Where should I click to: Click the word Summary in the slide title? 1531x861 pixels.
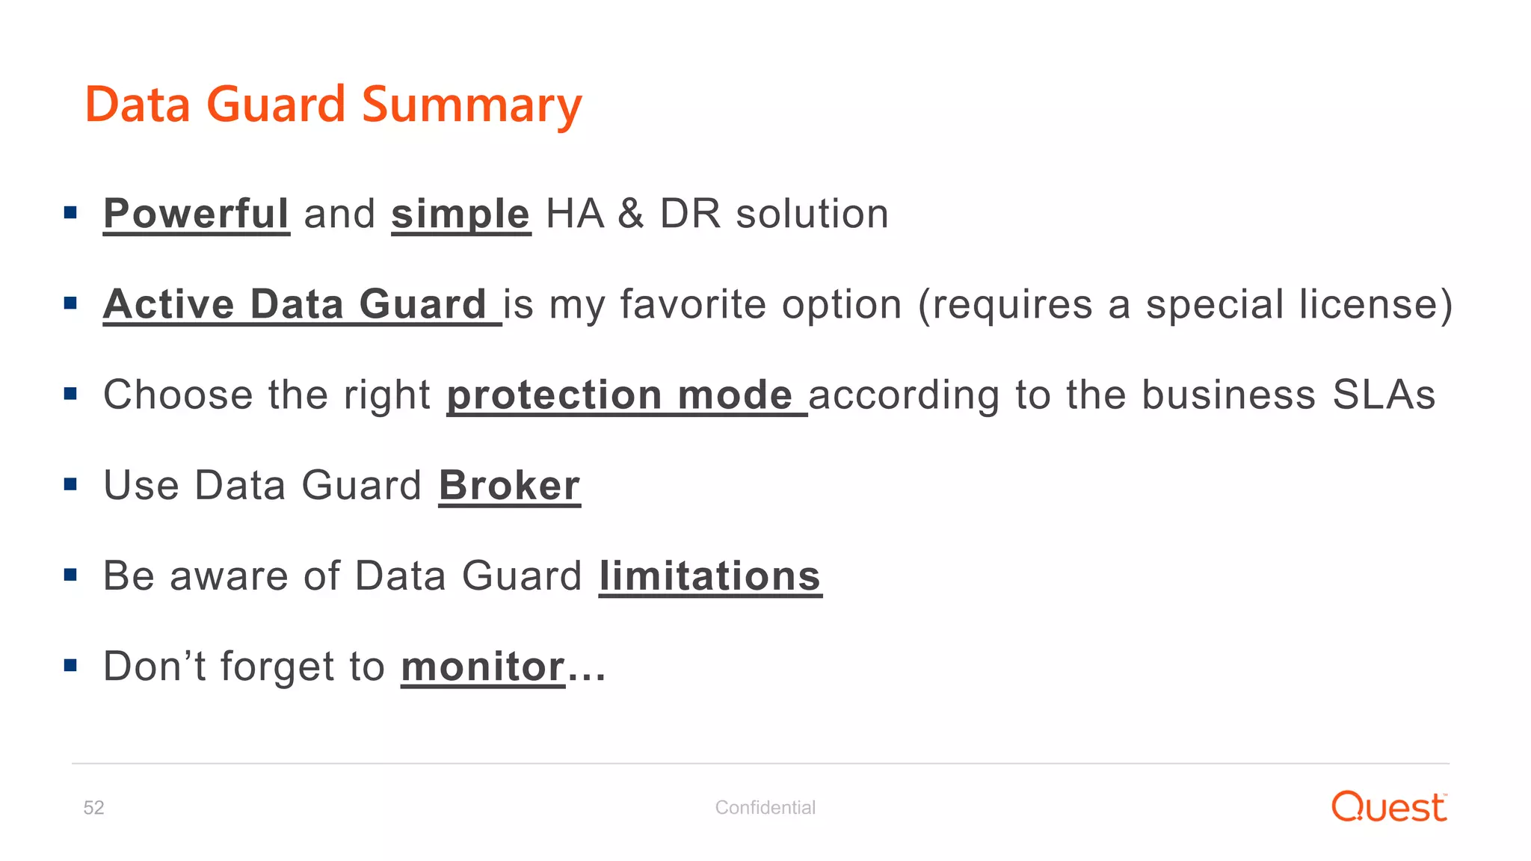471,105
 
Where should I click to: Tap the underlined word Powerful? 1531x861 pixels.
196,214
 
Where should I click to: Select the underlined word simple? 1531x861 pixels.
460,214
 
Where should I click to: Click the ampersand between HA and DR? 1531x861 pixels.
631,214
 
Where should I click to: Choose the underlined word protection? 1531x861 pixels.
554,395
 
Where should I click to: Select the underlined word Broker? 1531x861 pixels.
509,486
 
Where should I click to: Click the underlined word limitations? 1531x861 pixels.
709,576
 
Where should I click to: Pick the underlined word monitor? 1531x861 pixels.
483,667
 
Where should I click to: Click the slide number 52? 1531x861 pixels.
93,807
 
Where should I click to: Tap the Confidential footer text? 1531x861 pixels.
765,807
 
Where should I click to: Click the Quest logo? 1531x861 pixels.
1389,807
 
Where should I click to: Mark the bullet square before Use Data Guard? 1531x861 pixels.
71,484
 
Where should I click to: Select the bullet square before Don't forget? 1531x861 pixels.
71,665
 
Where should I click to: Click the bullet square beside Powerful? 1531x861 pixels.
71,213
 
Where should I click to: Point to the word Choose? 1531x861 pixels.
178,395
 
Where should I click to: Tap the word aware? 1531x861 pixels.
229,576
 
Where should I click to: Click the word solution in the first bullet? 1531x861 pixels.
812,214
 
